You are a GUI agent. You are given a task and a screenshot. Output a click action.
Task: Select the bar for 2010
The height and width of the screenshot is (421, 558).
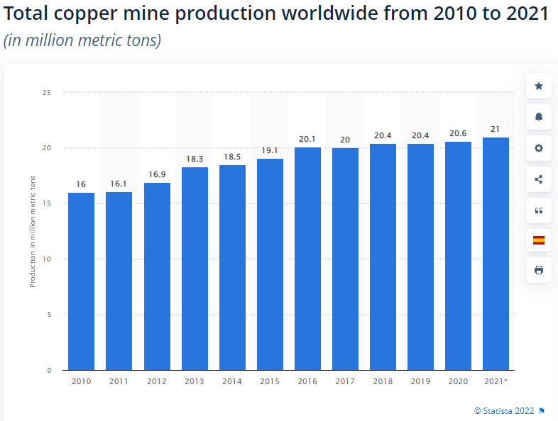pyautogui.click(x=81, y=281)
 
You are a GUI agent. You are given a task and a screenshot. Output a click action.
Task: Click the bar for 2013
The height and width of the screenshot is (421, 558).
pyautogui.click(x=195, y=269)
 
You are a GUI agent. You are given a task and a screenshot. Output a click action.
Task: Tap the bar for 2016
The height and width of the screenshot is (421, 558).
pyautogui.click(x=307, y=259)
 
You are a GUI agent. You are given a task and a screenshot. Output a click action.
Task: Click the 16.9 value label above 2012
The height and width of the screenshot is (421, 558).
pyautogui.click(x=157, y=174)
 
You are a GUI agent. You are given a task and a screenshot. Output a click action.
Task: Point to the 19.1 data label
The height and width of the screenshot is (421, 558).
pyautogui.click(x=270, y=150)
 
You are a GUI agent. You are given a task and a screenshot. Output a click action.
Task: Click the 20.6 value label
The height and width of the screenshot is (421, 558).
pyautogui.click(x=458, y=133)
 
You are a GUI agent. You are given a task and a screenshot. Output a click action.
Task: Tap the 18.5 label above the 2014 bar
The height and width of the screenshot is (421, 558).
pyautogui.click(x=232, y=156)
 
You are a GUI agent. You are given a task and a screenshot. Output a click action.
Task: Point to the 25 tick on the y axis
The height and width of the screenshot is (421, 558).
pyautogui.click(x=47, y=92)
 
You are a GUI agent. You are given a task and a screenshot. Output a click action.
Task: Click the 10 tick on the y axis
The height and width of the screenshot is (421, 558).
pyautogui.click(x=47, y=259)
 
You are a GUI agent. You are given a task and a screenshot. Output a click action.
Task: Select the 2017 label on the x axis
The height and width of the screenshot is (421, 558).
pyautogui.click(x=345, y=381)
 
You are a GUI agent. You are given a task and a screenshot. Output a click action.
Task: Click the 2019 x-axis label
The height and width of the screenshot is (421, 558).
pyautogui.click(x=420, y=381)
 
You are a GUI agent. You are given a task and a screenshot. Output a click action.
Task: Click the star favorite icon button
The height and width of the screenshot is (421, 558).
pyautogui.click(x=538, y=86)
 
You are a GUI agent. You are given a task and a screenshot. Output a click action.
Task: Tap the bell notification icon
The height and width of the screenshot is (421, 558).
pyautogui.click(x=538, y=117)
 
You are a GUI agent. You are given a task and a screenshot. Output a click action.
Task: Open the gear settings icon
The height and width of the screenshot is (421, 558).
pyautogui.click(x=538, y=148)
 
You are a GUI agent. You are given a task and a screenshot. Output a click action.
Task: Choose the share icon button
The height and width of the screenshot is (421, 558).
pyautogui.click(x=538, y=179)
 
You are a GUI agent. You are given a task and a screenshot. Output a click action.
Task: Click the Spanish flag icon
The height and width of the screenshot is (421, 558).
pyautogui.click(x=538, y=240)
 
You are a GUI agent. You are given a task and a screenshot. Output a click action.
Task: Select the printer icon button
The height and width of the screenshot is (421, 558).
pyautogui.click(x=538, y=270)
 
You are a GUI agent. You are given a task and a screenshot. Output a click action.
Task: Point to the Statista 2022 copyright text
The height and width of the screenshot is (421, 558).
pyautogui.click(x=505, y=410)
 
